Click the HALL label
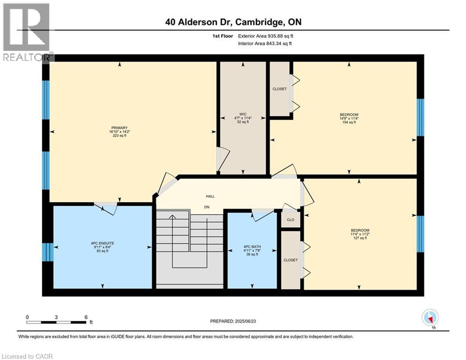click(x=210, y=196)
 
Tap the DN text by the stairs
click(x=207, y=207)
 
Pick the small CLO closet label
click(x=290, y=220)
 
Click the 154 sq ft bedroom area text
click(x=349, y=122)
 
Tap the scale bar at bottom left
click(x=56, y=322)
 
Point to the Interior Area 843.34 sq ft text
click(x=266, y=44)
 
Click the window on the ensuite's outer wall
click(x=47, y=252)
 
